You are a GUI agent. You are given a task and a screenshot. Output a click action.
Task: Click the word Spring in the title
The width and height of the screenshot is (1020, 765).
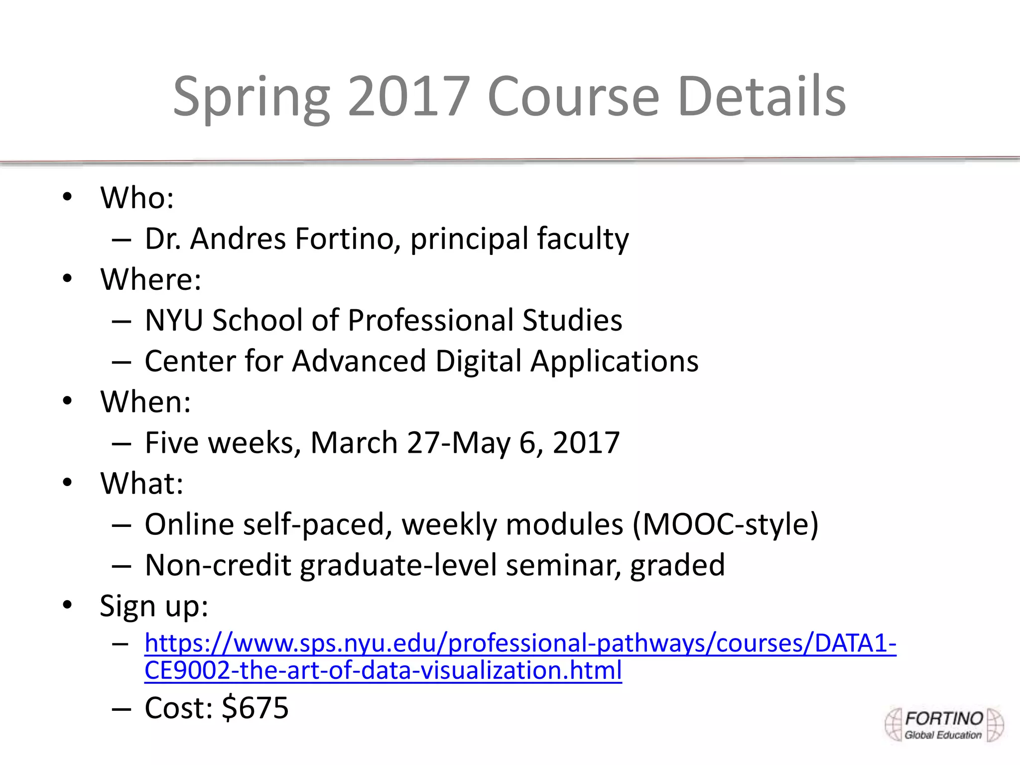click(x=251, y=97)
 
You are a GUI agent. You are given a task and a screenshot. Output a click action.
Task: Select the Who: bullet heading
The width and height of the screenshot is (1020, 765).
click(x=137, y=198)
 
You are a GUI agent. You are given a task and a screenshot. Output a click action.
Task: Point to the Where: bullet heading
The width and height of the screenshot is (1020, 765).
click(x=151, y=279)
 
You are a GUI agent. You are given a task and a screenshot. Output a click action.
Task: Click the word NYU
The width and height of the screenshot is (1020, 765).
click(x=174, y=320)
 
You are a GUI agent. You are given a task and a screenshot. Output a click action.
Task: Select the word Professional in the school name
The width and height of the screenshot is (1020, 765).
click(x=430, y=320)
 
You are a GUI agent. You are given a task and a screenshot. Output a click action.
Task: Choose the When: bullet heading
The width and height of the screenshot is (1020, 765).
click(x=145, y=402)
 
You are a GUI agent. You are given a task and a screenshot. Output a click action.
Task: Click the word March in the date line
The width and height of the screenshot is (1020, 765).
click(x=354, y=443)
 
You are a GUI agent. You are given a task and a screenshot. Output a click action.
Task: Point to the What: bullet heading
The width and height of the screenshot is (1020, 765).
click(x=142, y=484)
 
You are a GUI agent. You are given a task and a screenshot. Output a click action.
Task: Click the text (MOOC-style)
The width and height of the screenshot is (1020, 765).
click(x=725, y=524)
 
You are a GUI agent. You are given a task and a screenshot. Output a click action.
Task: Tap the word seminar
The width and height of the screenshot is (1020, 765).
click(x=563, y=565)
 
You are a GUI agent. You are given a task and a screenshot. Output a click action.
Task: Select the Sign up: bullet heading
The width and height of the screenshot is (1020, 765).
click(x=154, y=606)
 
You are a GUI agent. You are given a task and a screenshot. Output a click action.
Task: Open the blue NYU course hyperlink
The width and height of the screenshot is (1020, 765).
click(x=520, y=643)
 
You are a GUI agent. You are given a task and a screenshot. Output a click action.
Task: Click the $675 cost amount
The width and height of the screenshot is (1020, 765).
click(x=255, y=708)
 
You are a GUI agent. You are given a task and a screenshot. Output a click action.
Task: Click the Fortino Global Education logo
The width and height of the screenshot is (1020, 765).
click(x=943, y=725)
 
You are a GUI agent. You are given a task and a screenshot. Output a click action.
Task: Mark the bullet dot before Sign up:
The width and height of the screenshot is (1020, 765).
click(x=68, y=606)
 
